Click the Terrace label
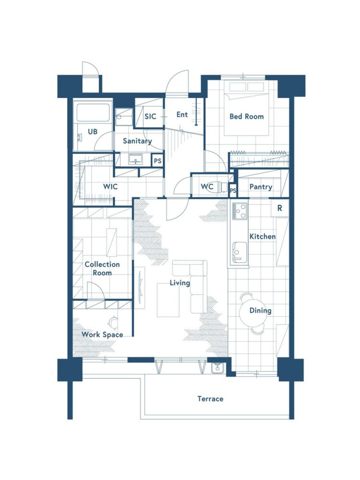tap(210, 398)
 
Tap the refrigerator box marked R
tap(280, 208)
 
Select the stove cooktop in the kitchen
tap(240, 211)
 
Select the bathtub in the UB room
tap(93, 113)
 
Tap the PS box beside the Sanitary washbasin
tap(157, 160)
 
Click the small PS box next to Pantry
tap(233, 191)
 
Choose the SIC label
tap(150, 116)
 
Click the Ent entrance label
tap(182, 115)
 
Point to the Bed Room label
tap(246, 116)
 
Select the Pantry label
tap(261, 187)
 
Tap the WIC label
tap(110, 186)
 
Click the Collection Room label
tap(102, 268)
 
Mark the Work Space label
tap(102, 335)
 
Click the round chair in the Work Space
tap(113, 322)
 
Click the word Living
tap(180, 283)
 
